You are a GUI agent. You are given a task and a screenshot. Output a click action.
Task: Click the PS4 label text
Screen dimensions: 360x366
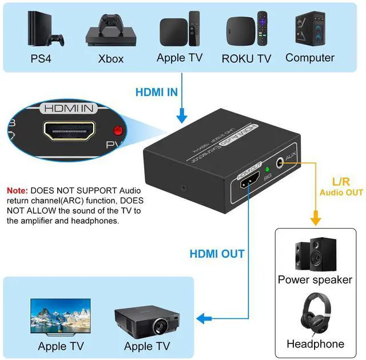(x=41, y=59)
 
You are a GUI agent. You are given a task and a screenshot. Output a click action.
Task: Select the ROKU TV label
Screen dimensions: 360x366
(x=246, y=58)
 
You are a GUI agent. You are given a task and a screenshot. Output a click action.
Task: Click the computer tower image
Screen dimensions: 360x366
(x=309, y=29)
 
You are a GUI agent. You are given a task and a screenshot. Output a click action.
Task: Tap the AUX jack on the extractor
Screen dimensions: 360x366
(x=281, y=162)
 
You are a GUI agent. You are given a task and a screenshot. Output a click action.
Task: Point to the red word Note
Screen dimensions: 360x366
(x=17, y=190)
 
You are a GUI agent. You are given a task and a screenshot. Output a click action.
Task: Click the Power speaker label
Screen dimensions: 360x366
(x=315, y=279)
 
